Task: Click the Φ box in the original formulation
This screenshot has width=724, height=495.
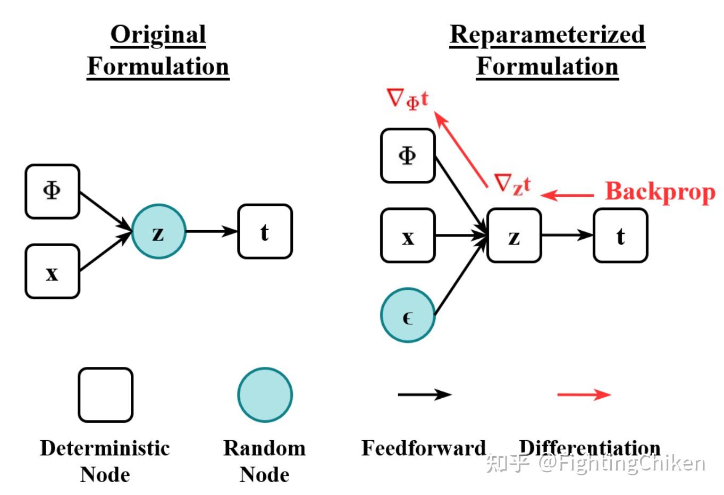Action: coord(52,191)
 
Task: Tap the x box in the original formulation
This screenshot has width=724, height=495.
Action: coord(52,271)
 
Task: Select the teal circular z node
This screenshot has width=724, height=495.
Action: coord(158,231)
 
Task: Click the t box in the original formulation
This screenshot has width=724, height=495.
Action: coord(265,231)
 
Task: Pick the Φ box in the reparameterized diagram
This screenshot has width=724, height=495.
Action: coord(408,156)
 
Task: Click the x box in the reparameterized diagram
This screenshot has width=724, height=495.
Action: coord(408,236)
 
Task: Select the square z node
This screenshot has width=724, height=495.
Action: coord(514,236)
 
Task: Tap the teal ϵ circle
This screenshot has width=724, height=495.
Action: coord(408,315)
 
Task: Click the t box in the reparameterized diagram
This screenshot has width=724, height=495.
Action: coord(620,236)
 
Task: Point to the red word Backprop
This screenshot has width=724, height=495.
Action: coord(660,192)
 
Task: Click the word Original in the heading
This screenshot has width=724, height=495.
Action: coord(158,35)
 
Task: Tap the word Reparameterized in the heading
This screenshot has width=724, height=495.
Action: coord(547,35)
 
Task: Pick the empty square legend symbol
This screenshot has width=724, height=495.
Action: coord(105,395)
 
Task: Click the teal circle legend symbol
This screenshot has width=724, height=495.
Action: coord(265,395)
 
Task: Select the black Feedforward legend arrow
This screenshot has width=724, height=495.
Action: coord(424,395)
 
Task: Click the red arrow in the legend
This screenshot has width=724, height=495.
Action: coord(584,395)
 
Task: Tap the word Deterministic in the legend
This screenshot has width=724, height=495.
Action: coord(105,448)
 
